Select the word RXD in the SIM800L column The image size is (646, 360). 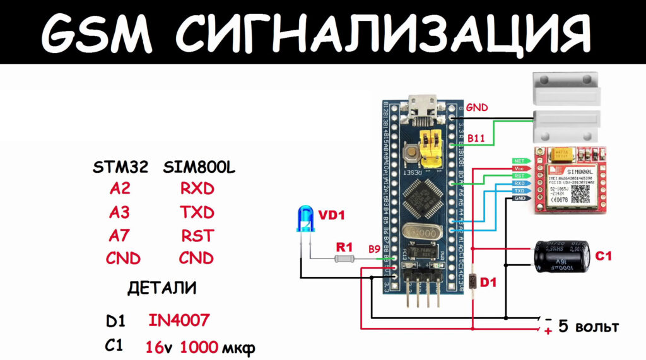click(196, 189)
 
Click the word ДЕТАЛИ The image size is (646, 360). click(161, 289)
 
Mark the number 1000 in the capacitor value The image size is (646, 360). click(199, 347)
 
